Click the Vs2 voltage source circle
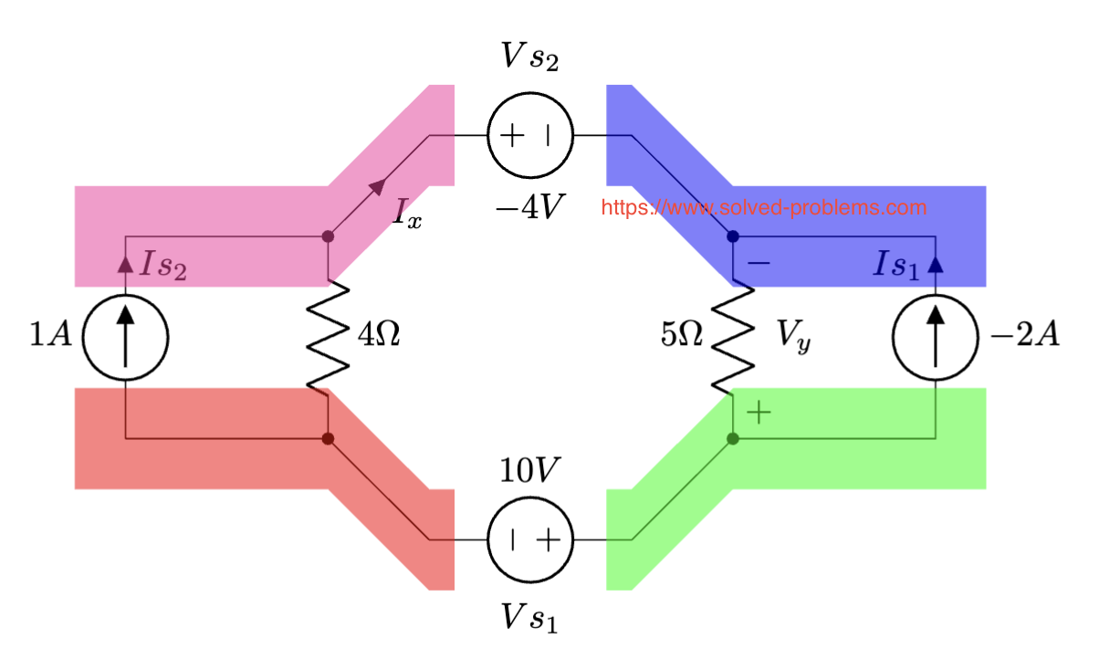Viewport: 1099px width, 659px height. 530,136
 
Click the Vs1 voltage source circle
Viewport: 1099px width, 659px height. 530,539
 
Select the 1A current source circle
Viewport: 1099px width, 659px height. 125,337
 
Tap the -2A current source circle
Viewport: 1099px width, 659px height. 935,337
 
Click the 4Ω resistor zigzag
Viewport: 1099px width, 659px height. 329,337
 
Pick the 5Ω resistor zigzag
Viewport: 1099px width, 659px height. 732,337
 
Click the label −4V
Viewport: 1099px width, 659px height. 529,208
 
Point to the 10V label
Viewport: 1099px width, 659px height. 529,470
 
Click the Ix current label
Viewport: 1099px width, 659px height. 407,214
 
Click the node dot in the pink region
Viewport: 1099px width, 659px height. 329,237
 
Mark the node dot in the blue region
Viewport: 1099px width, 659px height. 732,237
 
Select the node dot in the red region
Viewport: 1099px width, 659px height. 329,439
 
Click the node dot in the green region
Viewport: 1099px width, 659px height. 732,439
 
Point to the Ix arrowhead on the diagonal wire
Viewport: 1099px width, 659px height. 376,188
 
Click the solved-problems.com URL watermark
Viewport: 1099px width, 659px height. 763,208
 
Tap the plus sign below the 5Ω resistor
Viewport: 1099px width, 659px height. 759,413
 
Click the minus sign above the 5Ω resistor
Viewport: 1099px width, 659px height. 759,263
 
